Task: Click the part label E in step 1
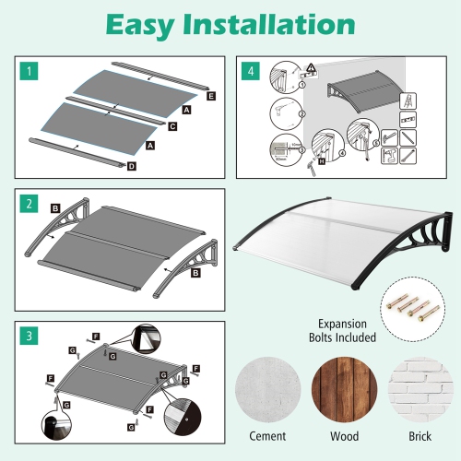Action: point(211,95)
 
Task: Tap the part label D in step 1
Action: point(132,167)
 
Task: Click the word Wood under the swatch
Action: point(342,436)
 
